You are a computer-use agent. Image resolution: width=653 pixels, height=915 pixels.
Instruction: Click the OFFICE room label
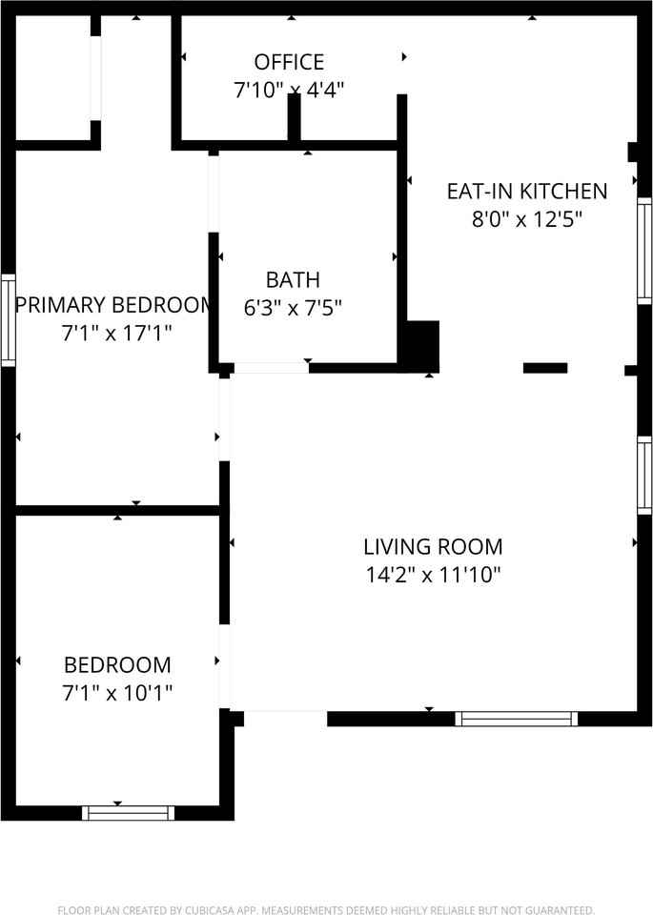pyautogui.click(x=289, y=62)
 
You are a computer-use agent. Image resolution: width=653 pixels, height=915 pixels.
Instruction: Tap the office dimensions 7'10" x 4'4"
pyautogui.click(x=289, y=90)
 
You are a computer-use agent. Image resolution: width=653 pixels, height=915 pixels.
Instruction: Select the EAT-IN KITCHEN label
pyautogui.click(x=527, y=192)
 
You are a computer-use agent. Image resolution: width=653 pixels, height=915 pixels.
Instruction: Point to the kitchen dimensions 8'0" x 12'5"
pyautogui.click(x=527, y=219)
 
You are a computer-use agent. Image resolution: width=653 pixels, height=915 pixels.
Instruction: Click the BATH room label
pyautogui.click(x=293, y=280)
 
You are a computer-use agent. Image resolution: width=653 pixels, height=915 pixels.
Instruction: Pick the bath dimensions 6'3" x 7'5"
pyautogui.click(x=293, y=308)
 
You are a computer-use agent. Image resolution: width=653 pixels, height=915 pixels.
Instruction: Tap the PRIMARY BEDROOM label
pyautogui.click(x=113, y=305)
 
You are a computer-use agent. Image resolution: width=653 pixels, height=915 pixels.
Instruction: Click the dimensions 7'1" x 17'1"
pyautogui.click(x=116, y=333)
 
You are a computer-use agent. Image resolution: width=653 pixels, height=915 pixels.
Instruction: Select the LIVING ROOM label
pyautogui.click(x=433, y=547)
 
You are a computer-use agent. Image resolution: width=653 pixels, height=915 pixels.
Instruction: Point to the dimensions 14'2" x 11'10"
pyautogui.click(x=433, y=575)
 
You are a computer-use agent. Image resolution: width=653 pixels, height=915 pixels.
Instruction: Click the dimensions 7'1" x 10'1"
pyautogui.click(x=117, y=693)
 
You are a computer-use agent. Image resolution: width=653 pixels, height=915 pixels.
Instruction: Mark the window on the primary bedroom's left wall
pyautogui.click(x=9, y=320)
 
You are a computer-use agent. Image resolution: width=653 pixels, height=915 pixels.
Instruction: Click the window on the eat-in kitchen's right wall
pyautogui.click(x=644, y=251)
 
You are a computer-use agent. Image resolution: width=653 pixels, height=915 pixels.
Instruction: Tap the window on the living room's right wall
pyautogui.click(x=644, y=476)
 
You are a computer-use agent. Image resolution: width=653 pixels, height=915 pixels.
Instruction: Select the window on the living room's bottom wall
pyautogui.click(x=517, y=719)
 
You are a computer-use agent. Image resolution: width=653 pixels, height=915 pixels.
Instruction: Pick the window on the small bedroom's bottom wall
pyautogui.click(x=129, y=813)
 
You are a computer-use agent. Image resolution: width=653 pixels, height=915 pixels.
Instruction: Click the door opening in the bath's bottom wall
pyautogui.click(x=272, y=368)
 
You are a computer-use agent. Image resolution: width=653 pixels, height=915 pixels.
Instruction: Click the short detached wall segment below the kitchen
pyautogui.click(x=545, y=368)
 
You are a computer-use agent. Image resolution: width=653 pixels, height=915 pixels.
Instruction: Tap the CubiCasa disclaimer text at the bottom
pyautogui.click(x=326, y=909)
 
